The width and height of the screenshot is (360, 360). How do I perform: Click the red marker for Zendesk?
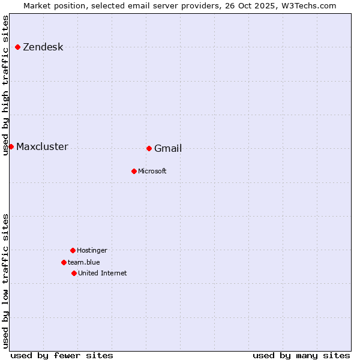pos(18,47)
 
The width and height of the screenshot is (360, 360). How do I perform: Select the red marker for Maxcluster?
pos(11,146)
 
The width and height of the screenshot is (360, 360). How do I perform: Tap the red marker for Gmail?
pos(149,148)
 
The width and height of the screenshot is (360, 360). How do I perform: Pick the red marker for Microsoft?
pos(134,171)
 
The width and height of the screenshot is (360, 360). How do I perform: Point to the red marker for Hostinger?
pos(73,250)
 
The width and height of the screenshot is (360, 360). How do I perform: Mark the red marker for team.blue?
pos(64,262)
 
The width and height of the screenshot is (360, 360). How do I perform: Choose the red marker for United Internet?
pos(74,273)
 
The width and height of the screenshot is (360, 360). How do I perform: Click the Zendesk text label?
pos(43,47)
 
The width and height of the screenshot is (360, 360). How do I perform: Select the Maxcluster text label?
pos(42,147)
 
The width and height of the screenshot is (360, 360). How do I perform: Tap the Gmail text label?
pos(168,149)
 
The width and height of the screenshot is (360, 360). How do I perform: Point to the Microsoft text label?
pos(152,172)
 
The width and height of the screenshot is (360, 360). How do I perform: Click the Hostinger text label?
pos(92,251)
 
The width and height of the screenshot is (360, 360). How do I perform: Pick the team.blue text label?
pos(84,263)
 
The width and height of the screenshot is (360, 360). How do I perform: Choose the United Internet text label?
pos(103,274)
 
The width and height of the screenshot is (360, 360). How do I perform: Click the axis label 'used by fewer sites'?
pos(62,355)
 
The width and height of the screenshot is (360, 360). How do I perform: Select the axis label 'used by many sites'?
pos(301,355)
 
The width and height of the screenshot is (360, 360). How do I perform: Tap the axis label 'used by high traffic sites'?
pos(6,85)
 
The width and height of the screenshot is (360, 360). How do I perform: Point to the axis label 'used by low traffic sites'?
pos(6,281)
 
